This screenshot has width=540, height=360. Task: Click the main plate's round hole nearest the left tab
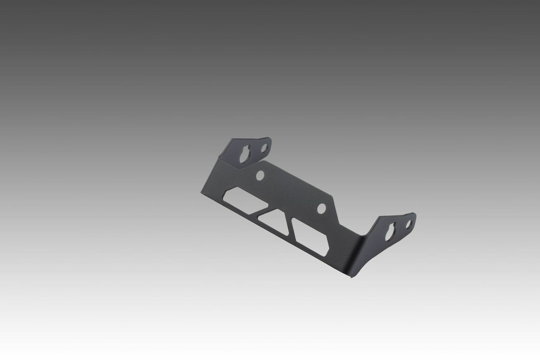[x=260, y=175]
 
